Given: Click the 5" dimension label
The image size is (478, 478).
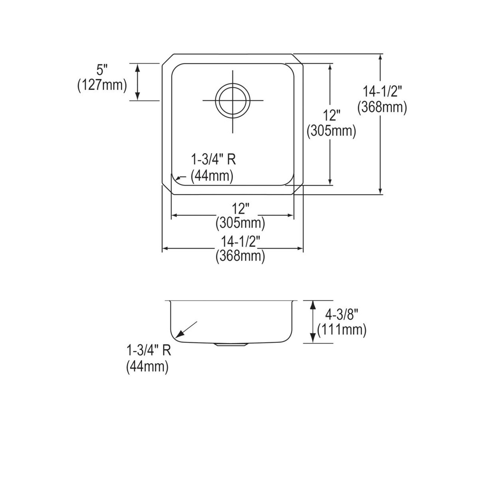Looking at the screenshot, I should pyautogui.click(x=102, y=70).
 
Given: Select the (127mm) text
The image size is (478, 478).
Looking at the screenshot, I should pyautogui.click(x=102, y=86).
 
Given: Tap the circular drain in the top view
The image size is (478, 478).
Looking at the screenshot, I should pyautogui.click(x=233, y=100).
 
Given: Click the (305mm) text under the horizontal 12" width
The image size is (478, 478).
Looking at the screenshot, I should pyautogui.click(x=240, y=223).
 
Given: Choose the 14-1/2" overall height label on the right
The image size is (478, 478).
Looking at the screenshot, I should pyautogui.click(x=382, y=91).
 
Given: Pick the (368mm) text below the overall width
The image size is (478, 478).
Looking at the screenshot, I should pyautogui.click(x=240, y=257).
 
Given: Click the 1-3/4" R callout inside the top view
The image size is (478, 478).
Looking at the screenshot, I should pyautogui.click(x=213, y=160).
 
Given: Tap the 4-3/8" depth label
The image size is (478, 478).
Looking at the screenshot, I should pyautogui.click(x=341, y=314).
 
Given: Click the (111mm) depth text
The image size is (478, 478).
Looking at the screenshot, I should pyautogui.click(x=341, y=330).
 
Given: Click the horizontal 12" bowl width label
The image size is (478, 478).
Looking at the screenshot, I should pyautogui.click(x=240, y=208).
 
